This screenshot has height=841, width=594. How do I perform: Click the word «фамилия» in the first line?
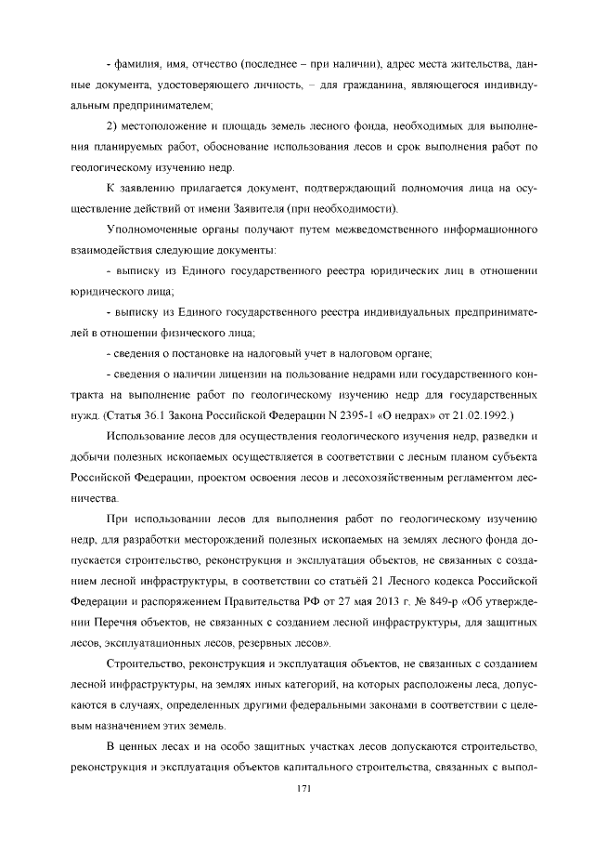[133, 65]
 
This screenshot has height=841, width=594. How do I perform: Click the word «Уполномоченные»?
[152, 230]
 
